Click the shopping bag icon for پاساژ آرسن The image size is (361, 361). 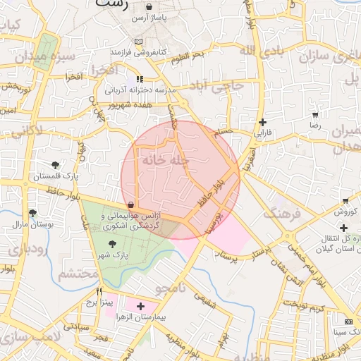150,6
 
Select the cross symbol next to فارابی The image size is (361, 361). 262,122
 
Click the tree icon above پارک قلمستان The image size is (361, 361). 55,165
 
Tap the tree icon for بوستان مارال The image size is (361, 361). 32,212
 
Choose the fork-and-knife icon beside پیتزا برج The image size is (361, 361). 99,291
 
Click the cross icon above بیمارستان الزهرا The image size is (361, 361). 141,306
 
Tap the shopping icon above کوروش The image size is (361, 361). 343,201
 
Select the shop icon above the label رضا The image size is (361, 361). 314,114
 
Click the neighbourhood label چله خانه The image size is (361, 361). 165,160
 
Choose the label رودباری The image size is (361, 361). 27,248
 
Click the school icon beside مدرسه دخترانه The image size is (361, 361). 140,79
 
